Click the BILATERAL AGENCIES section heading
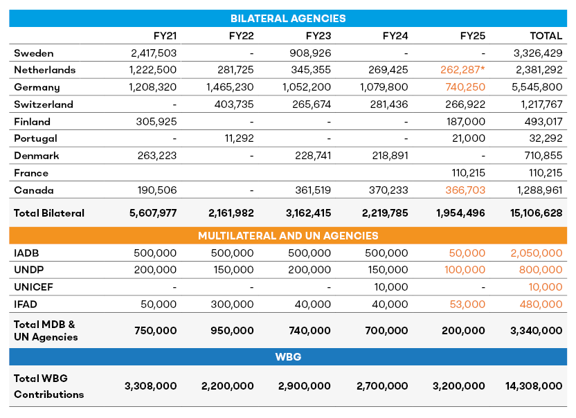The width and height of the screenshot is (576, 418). (288, 19)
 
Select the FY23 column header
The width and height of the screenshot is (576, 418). (318, 36)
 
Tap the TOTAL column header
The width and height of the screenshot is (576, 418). (546, 36)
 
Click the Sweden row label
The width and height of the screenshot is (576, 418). (33, 53)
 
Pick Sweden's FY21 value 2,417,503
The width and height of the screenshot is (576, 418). (153, 53)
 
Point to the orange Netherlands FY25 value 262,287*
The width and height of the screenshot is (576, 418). (462, 70)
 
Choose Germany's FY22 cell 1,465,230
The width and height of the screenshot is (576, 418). (230, 87)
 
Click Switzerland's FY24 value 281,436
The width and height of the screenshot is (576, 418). (384, 104)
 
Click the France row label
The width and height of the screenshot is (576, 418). (30, 173)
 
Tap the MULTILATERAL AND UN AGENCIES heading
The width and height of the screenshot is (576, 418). (288, 236)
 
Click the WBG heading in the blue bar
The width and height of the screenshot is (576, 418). (288, 358)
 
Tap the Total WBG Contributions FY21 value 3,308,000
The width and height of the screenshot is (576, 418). (150, 386)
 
